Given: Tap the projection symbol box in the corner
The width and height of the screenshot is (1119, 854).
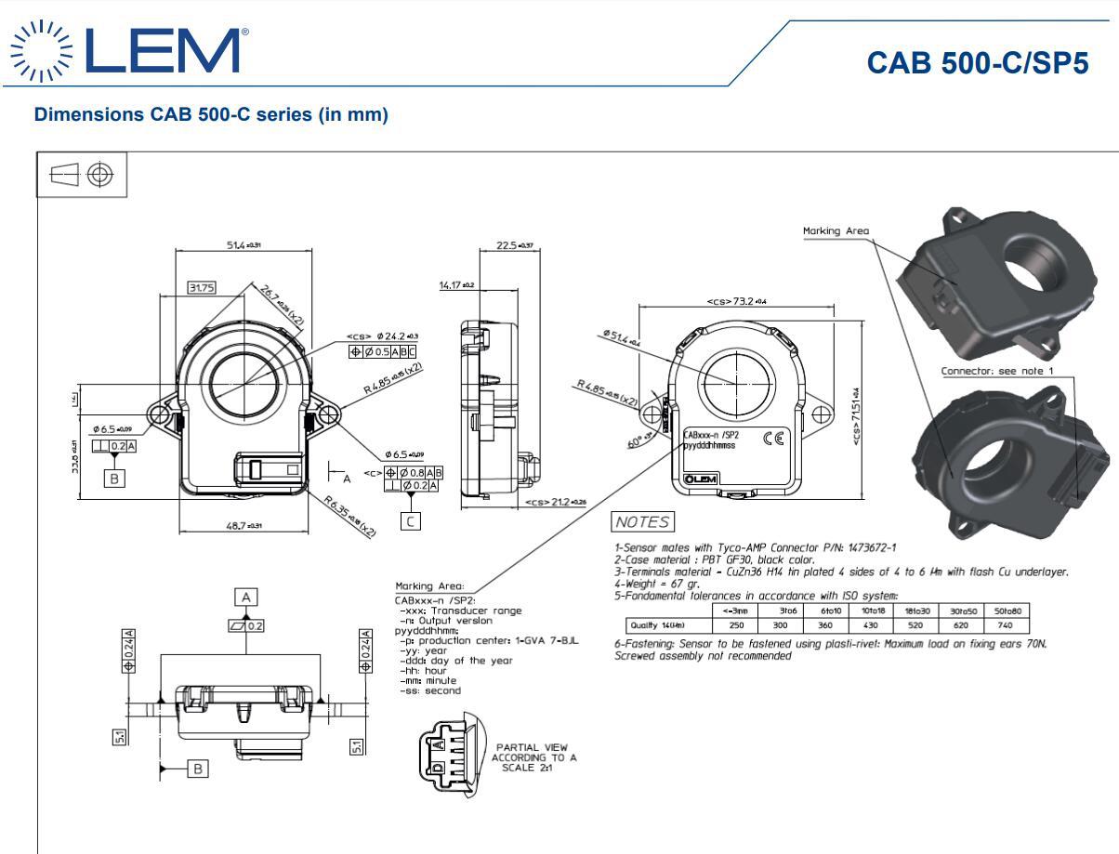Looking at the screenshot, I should [x=81, y=176].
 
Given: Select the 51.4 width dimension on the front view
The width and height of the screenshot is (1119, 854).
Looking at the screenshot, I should [x=244, y=245].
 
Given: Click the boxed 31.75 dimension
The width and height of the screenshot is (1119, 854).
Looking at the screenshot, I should [x=201, y=288].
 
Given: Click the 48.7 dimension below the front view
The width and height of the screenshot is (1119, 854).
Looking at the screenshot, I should [x=244, y=526].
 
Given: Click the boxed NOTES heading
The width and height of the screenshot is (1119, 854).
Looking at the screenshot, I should [x=641, y=520].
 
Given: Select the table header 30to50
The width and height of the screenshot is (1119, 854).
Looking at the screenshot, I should [x=961, y=611].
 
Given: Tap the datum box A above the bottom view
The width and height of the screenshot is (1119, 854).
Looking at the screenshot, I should [x=246, y=597].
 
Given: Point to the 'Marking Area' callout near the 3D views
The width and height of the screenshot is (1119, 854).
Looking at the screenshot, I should [x=836, y=231].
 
